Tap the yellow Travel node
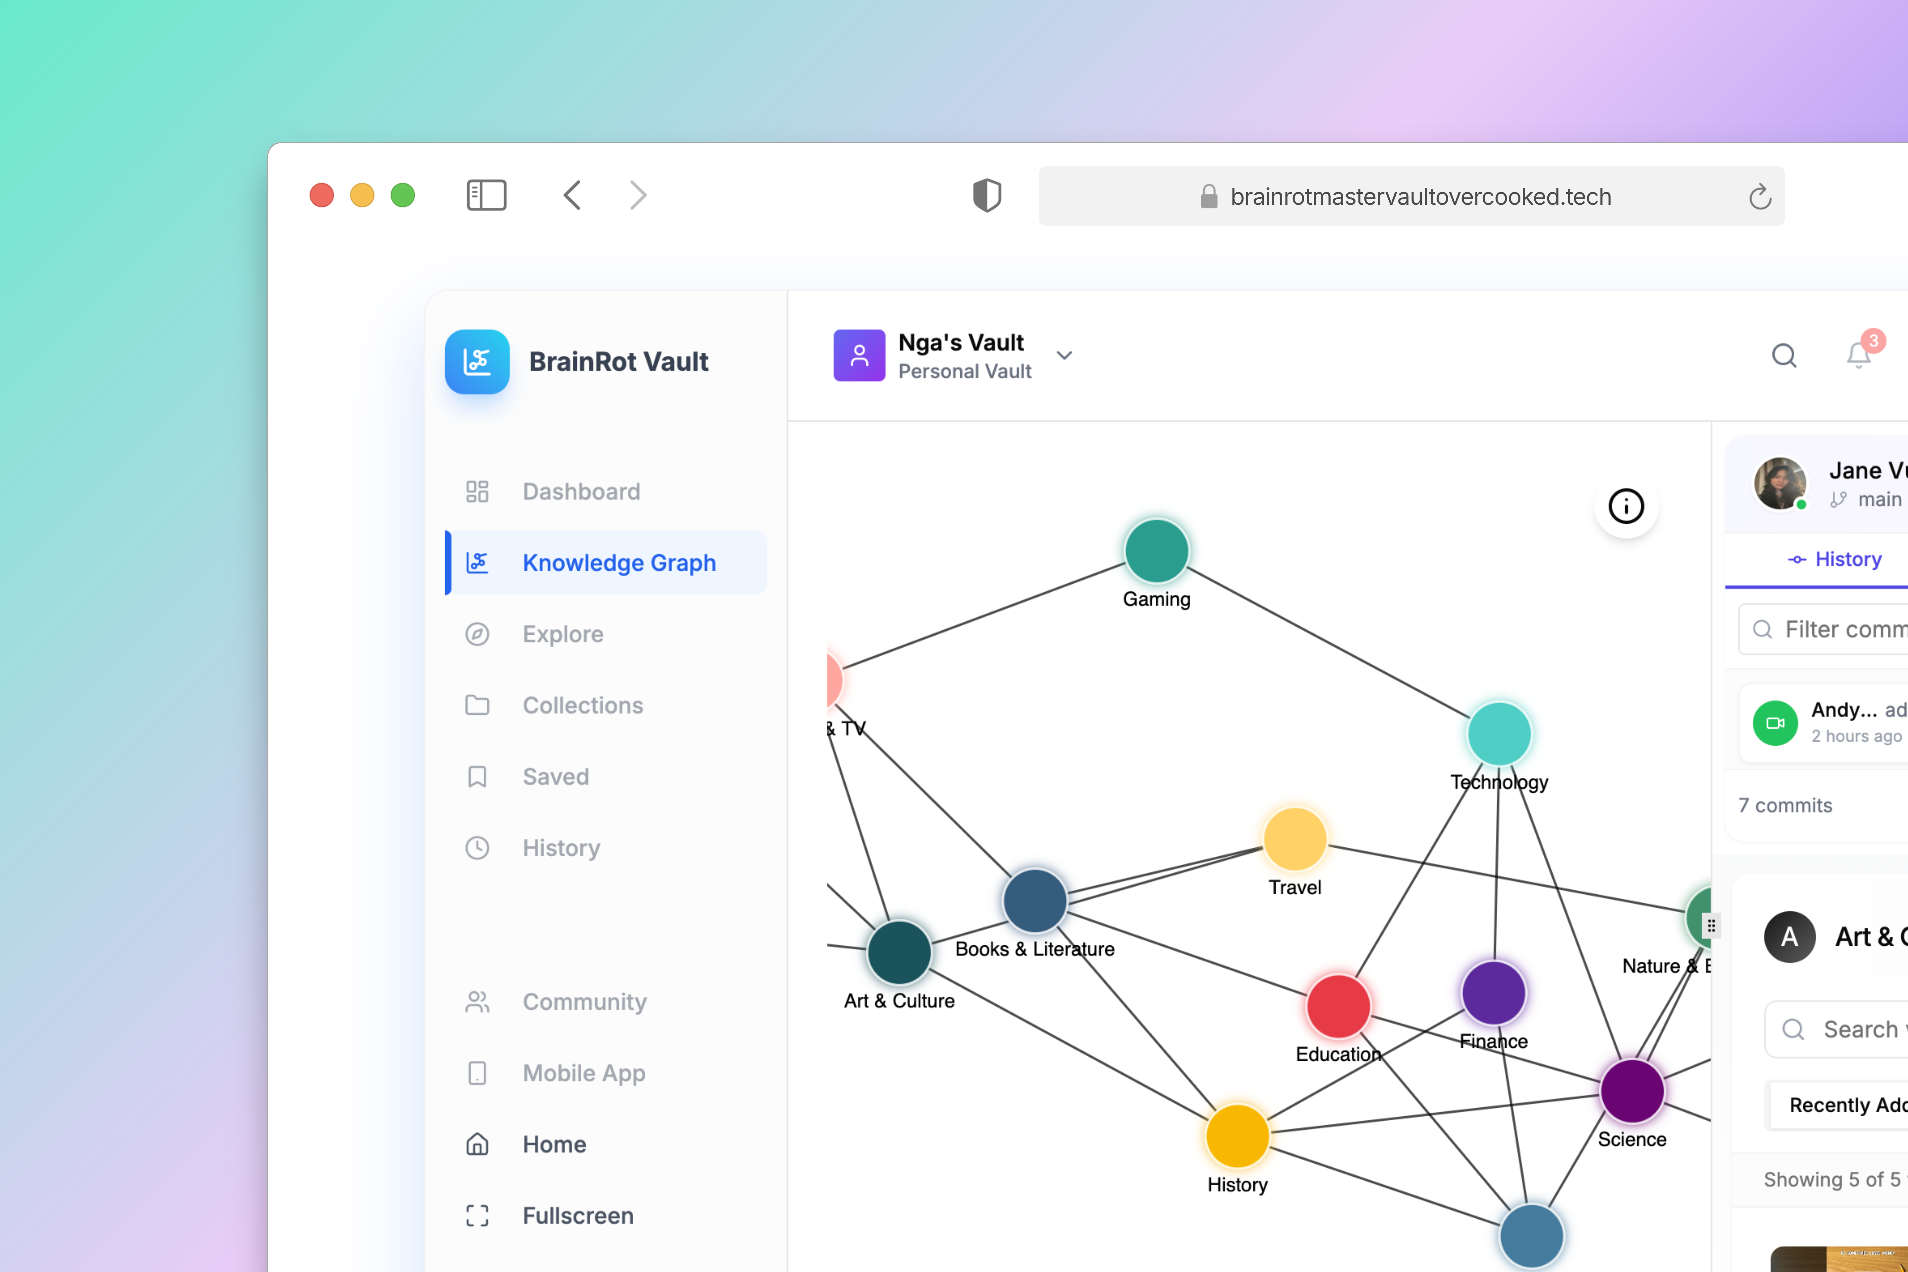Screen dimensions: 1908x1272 click(1295, 839)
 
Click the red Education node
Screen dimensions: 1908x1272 click(1338, 1006)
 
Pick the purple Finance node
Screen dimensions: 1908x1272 click(1493, 993)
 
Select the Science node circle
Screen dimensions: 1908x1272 click(1631, 1091)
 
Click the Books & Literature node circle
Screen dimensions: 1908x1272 click(1034, 900)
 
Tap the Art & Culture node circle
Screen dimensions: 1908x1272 click(899, 952)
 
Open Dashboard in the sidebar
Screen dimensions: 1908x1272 click(581, 492)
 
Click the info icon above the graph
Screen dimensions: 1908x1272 click(1626, 506)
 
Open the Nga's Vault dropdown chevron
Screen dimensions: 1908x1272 click(1064, 355)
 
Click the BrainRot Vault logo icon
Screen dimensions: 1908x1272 click(477, 362)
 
